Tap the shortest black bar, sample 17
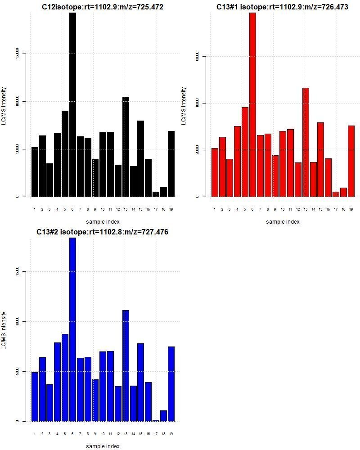156,194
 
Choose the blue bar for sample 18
163,416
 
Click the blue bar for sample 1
35,396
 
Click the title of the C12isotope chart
103,7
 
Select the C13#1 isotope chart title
282,7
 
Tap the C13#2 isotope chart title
103,232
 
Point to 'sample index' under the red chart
283,221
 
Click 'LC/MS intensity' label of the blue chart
4,330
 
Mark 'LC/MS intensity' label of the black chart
4,106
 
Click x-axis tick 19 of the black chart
171,209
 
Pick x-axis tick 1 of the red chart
215,209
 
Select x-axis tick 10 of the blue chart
103,434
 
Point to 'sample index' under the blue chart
103,446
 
